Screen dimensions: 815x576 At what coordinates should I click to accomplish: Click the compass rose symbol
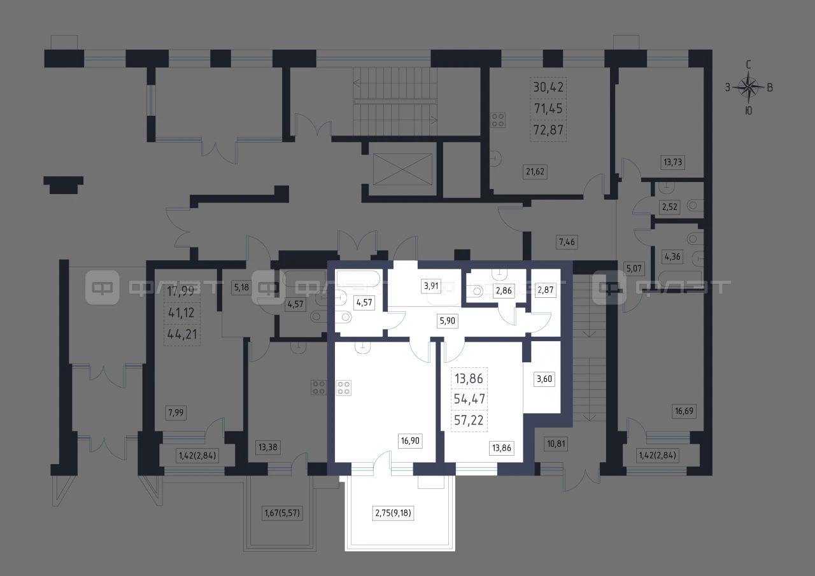point(748,88)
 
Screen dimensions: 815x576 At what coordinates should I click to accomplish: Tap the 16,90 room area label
point(410,440)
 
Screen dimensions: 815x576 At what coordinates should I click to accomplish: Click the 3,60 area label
point(544,379)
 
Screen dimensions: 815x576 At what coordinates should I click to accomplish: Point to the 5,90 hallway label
point(448,321)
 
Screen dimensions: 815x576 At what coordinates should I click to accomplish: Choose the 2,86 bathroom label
point(504,290)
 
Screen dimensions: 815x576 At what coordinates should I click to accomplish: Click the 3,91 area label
point(431,286)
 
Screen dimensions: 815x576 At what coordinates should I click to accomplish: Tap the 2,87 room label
point(546,290)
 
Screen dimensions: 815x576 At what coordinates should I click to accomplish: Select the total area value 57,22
point(469,420)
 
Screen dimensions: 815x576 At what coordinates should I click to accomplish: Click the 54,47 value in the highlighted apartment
point(469,399)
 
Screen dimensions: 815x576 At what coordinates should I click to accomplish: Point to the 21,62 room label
point(535,171)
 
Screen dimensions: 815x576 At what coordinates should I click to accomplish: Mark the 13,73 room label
point(673,162)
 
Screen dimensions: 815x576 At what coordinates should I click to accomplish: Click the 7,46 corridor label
point(567,242)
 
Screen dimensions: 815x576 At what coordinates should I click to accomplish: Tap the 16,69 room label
point(684,411)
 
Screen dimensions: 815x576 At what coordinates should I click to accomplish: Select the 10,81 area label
point(556,444)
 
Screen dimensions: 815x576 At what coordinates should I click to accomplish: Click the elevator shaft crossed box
point(402,169)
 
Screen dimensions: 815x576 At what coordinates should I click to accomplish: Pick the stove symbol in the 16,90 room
point(343,388)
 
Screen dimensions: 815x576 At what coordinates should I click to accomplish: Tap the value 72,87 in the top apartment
point(548,130)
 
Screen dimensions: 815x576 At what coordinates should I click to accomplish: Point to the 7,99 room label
point(176,412)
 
